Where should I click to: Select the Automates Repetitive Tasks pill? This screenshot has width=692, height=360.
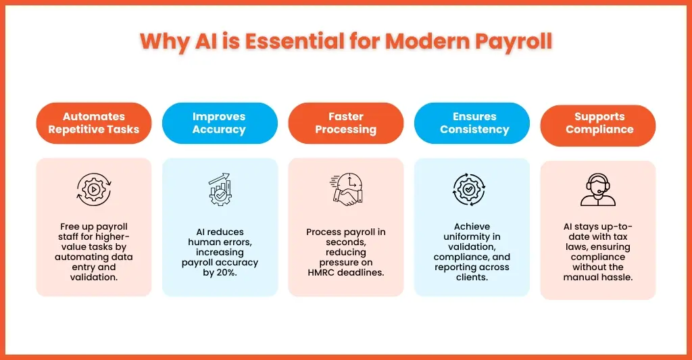94,123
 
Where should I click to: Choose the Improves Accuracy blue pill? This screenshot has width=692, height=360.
219,123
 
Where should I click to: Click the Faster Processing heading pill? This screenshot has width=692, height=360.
345,123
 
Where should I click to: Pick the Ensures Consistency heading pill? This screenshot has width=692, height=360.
472,123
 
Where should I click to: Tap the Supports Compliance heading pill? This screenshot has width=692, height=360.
597,124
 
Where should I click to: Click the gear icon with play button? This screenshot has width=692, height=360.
93,189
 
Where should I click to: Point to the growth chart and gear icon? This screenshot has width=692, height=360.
219,189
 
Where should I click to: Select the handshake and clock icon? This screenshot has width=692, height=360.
347,189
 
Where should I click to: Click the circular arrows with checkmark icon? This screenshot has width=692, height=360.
472,189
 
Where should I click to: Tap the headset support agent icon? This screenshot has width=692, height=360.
597,190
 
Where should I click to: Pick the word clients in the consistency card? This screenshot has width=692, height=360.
472,277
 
